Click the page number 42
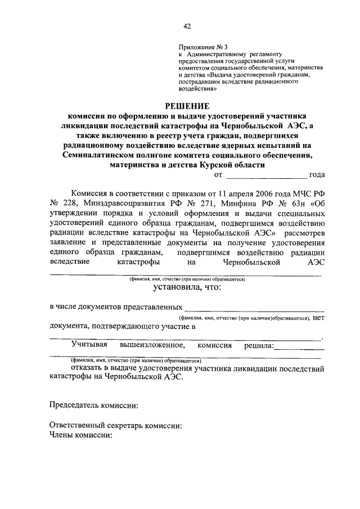[x=187, y=25]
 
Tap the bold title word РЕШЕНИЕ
[x=186, y=105]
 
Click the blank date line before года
[x=267, y=176]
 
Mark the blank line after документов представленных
[x=254, y=309]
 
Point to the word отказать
[x=87, y=368]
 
